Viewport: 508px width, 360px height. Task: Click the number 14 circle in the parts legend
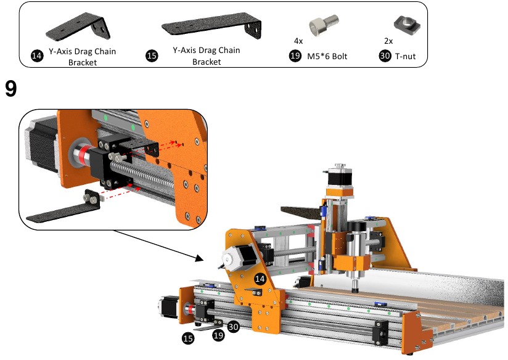point(37,55)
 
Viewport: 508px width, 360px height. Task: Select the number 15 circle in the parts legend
point(152,55)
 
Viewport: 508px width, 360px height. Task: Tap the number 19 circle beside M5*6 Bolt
point(295,56)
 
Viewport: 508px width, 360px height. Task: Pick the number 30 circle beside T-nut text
point(385,56)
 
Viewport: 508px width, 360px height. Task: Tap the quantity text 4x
point(298,41)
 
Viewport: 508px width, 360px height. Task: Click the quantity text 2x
point(388,41)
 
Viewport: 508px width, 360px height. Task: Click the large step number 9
point(10,89)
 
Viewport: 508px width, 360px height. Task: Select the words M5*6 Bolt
point(327,56)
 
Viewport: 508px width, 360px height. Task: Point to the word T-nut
point(406,56)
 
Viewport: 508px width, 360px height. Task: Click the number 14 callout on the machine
point(261,279)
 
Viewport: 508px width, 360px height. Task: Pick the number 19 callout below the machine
point(217,335)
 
